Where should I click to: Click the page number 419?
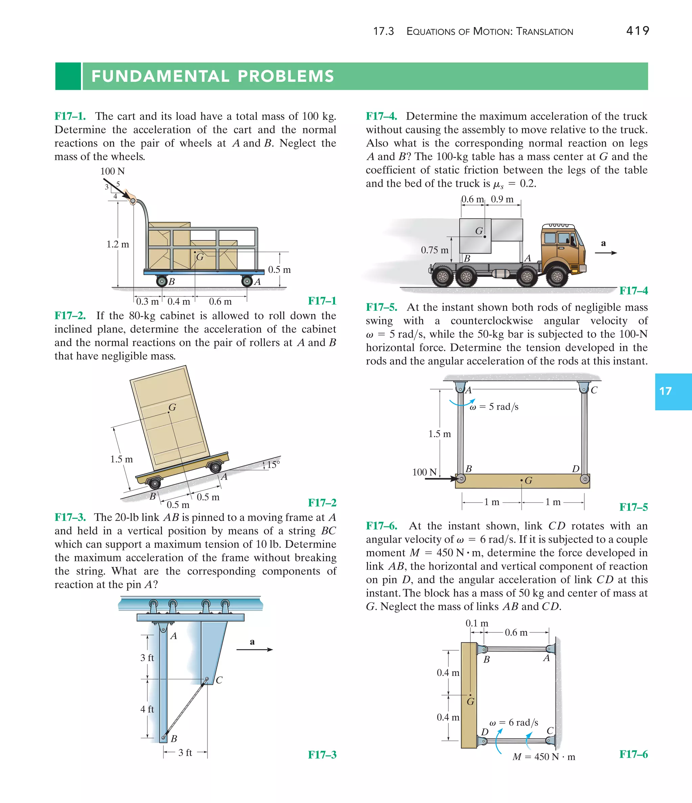pyautogui.click(x=637, y=31)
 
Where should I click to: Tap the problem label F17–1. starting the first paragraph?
pyautogui.click(x=70, y=116)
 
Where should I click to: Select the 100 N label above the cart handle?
pyautogui.click(x=113, y=171)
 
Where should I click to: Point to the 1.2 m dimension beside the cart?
pyautogui.click(x=118, y=245)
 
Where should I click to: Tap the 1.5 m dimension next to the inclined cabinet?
pyautogui.click(x=121, y=459)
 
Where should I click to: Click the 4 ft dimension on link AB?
pyautogui.click(x=147, y=709)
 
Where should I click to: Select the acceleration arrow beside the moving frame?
pyautogui.click(x=254, y=650)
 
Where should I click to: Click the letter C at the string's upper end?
pyautogui.click(x=219, y=680)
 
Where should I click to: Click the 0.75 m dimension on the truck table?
pyautogui.click(x=435, y=250)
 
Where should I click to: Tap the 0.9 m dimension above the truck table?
pyautogui.click(x=502, y=199)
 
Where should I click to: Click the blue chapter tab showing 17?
pyautogui.click(x=673, y=392)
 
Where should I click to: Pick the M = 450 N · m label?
pyautogui.click(x=544, y=757)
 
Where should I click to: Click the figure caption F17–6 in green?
pyautogui.click(x=634, y=754)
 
